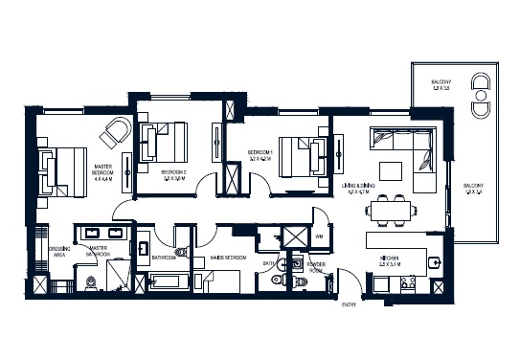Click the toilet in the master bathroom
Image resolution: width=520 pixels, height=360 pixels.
coord(90,281)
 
